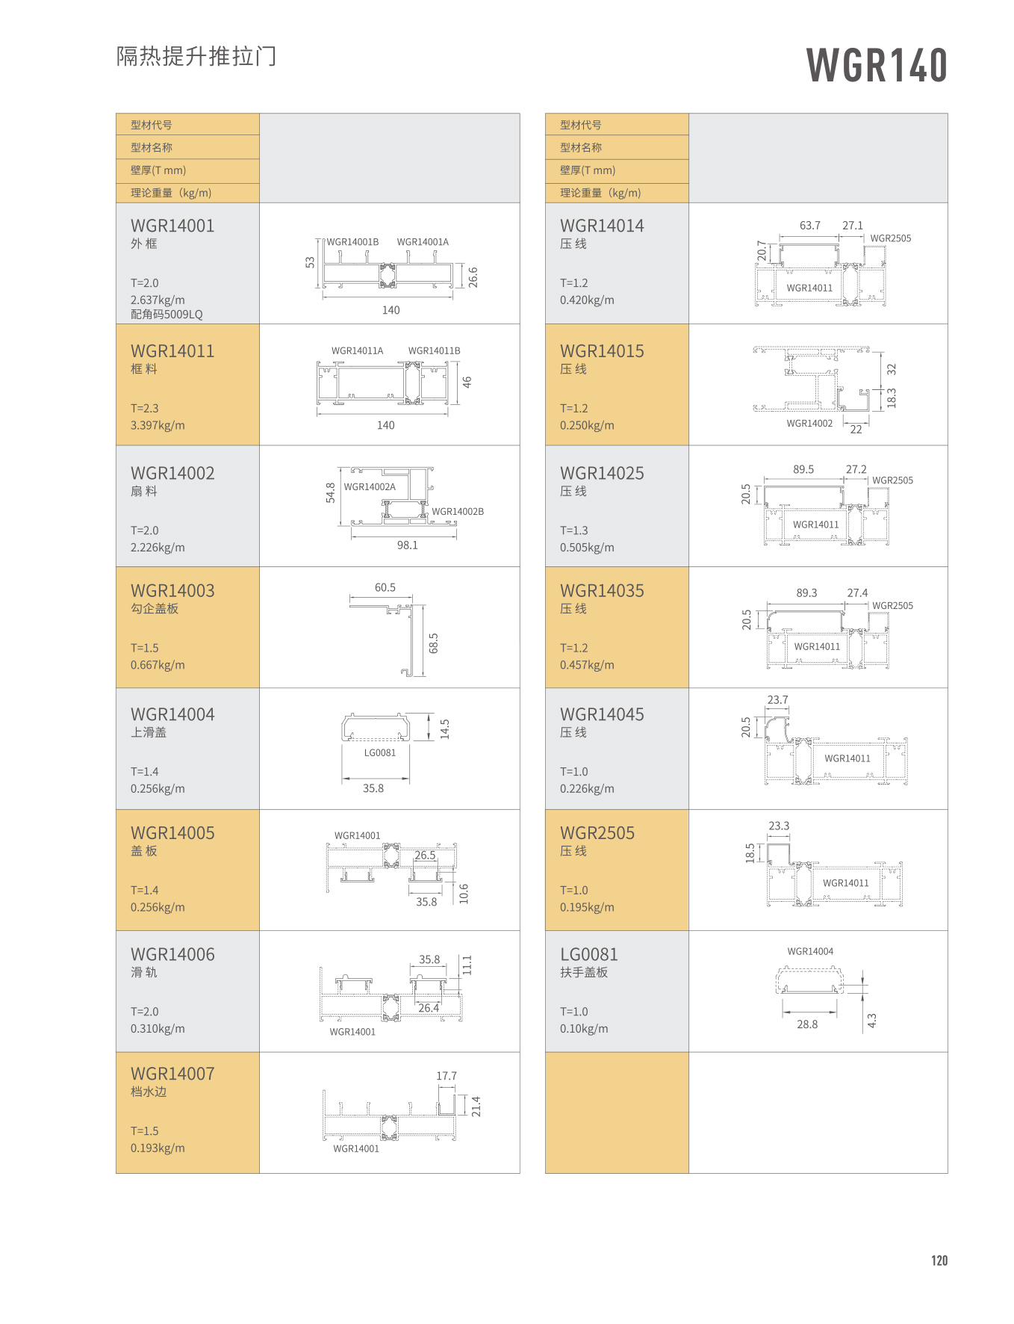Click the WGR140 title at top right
click(877, 65)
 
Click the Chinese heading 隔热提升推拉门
click(196, 56)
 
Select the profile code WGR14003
click(172, 591)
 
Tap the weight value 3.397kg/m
click(158, 425)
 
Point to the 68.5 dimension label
click(434, 643)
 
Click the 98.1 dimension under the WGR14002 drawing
click(407, 545)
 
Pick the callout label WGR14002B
click(458, 512)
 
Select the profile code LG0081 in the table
click(589, 954)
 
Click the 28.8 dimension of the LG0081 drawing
click(807, 1024)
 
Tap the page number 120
click(939, 1260)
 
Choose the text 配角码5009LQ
click(167, 315)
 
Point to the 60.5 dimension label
click(385, 588)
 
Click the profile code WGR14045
click(602, 714)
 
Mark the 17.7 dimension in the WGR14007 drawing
click(447, 1076)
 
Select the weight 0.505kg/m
click(587, 548)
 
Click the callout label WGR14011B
click(434, 350)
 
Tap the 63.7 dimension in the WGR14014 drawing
click(809, 226)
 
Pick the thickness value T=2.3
click(145, 408)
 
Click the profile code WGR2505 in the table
click(597, 833)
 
